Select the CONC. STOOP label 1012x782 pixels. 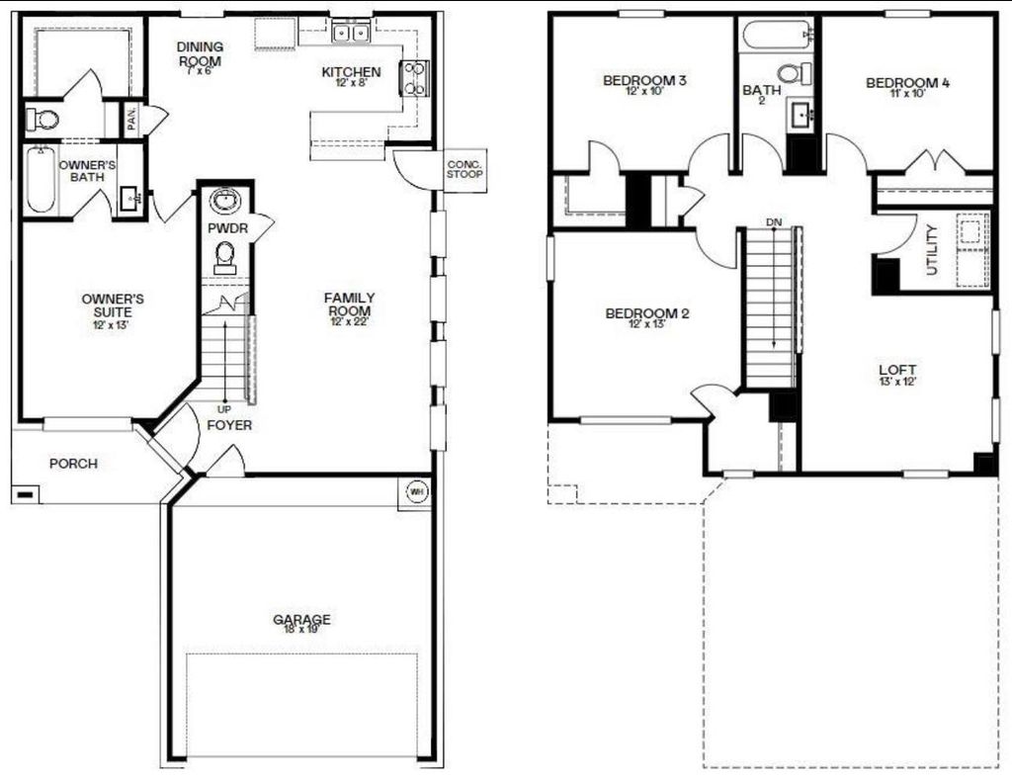point(464,170)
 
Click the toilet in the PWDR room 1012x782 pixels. point(225,256)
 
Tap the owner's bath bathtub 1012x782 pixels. point(40,180)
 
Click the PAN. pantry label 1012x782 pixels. point(131,120)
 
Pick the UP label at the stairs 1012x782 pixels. point(224,408)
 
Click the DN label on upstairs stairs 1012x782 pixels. point(773,221)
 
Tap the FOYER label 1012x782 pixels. point(229,425)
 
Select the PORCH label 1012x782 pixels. point(73,463)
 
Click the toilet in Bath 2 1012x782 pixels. point(793,73)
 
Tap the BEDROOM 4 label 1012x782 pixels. point(907,83)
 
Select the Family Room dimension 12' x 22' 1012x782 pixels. point(349,321)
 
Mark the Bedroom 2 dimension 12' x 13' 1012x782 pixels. point(646,325)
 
